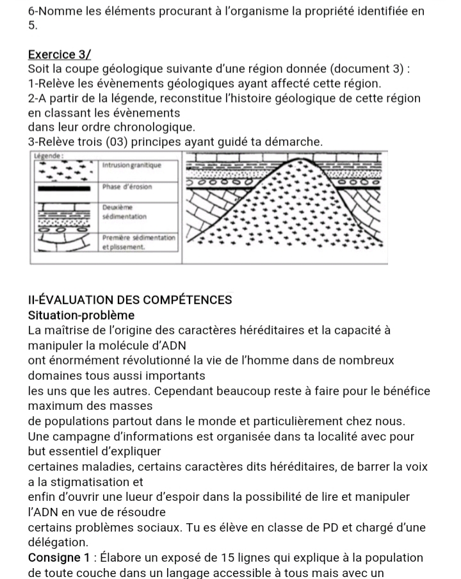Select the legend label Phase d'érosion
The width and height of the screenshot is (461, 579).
tap(127, 186)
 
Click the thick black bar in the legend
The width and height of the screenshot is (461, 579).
tap(64, 188)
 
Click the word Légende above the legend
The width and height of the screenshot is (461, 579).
tap(48, 156)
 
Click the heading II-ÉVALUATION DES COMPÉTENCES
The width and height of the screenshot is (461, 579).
tap(130, 300)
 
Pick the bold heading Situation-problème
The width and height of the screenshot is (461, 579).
tap(81, 315)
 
